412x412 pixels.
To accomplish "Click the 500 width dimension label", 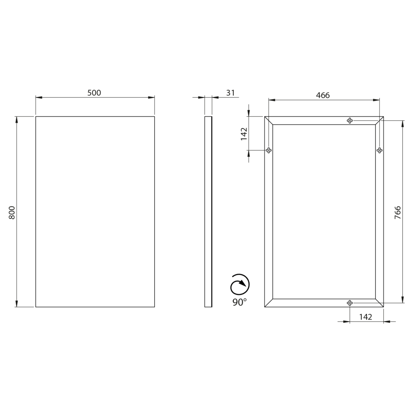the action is (94, 93).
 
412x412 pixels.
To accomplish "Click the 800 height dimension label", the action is (12, 213).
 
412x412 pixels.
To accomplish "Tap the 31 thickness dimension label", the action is (231, 93).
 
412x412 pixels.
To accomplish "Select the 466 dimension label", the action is (323, 95).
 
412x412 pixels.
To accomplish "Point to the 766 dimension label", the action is (398, 212).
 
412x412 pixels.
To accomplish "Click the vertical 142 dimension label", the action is (244, 134).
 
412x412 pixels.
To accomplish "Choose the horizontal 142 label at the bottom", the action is (366, 317).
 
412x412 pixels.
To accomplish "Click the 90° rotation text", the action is (239, 302).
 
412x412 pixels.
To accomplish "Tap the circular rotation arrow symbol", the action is (240, 284).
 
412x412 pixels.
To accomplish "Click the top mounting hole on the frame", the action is (350, 121).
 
